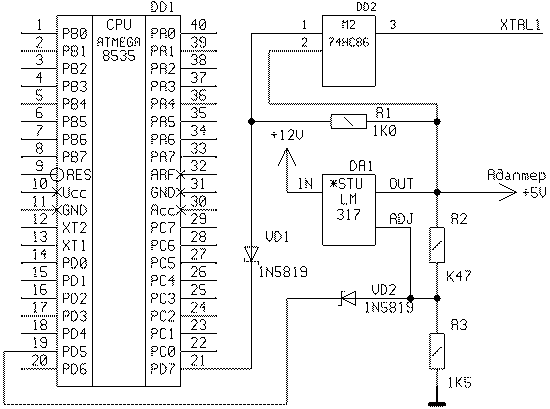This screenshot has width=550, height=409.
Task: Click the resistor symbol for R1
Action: point(348,122)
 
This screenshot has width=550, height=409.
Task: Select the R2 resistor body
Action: point(437,245)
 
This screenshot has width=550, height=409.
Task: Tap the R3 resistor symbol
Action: point(437,351)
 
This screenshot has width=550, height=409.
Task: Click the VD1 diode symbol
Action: point(251,254)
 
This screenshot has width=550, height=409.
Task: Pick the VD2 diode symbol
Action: point(348,299)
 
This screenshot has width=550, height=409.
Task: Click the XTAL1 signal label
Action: point(520,25)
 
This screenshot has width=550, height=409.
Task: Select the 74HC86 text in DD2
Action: point(349,42)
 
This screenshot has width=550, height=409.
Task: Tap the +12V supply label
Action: point(287,135)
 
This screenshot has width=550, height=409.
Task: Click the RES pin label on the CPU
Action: point(78,174)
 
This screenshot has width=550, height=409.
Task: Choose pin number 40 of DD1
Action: point(199,25)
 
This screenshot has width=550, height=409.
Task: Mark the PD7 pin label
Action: point(163,369)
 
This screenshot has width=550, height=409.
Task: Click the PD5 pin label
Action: point(74,351)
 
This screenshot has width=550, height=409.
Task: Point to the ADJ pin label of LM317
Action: point(402,219)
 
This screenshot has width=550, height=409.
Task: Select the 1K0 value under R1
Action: point(384,131)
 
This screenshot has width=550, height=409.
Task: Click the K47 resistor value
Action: point(458,276)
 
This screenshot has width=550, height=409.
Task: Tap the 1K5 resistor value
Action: point(460,382)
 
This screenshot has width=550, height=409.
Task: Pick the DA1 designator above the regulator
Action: point(361,166)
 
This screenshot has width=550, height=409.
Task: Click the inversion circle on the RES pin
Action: point(57,174)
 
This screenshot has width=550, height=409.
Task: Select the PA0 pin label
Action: point(163,33)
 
